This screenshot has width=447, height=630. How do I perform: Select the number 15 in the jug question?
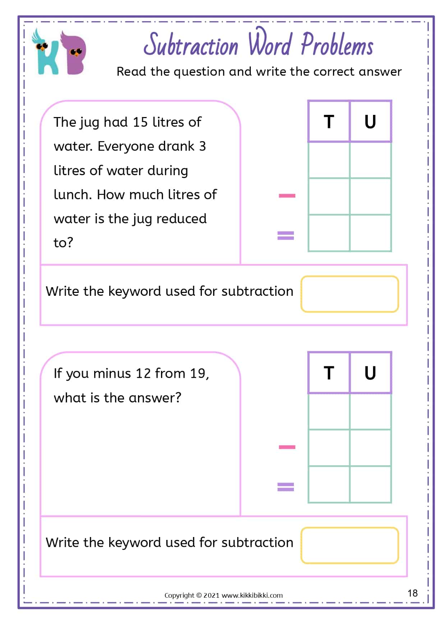pos(140,122)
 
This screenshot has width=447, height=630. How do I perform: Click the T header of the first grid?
pos(329,122)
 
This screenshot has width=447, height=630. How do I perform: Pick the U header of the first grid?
pos(370,122)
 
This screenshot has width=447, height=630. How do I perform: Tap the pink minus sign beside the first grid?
pos(287,196)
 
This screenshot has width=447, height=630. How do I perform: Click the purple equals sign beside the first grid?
pos(286,235)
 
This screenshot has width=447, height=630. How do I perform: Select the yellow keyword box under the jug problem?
pos(350,294)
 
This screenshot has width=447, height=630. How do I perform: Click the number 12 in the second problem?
pos(143,374)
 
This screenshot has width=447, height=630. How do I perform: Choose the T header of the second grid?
pos(329,373)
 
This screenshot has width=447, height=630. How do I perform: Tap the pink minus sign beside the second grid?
pos(287,447)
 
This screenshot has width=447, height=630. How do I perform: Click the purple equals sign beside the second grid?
pos(286,487)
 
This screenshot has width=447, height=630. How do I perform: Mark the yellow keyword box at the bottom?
pos(350,545)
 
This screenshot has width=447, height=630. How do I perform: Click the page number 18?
pos(413,593)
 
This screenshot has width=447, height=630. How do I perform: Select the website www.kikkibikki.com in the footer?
pos(252,596)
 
